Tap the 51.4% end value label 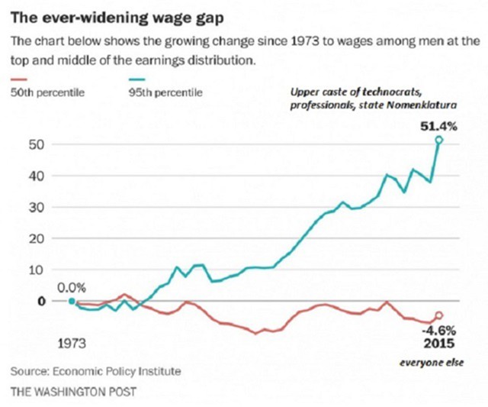coord(438,126)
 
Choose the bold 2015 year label coord(439,344)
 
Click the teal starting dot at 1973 coord(72,301)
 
